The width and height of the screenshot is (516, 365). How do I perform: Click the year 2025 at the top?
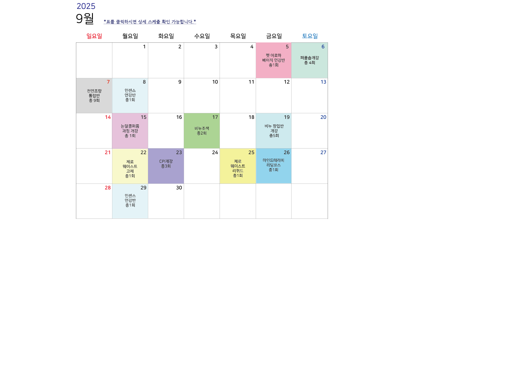click(86, 6)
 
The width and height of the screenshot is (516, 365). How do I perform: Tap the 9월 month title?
click(85, 19)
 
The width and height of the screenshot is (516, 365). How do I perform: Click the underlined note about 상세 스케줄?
click(150, 22)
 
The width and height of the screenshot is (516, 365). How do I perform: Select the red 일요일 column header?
click(94, 36)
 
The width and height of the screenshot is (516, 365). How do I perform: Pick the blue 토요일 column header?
click(310, 36)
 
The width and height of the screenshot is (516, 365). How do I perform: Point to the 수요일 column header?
click(202, 36)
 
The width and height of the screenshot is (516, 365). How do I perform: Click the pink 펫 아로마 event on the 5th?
click(273, 60)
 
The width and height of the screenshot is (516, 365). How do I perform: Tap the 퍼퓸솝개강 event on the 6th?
click(310, 60)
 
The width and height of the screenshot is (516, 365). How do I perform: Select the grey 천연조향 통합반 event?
click(94, 96)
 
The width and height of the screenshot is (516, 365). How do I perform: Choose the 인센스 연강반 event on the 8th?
click(130, 96)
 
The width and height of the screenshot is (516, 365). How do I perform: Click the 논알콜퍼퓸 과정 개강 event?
click(130, 131)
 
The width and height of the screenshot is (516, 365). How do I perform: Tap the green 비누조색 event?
click(202, 131)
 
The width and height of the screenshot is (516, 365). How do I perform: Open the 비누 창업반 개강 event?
click(273, 131)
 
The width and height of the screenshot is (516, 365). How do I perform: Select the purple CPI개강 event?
click(166, 166)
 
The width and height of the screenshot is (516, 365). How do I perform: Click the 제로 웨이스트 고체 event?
click(130, 166)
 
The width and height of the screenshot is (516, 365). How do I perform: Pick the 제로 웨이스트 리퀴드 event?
click(238, 166)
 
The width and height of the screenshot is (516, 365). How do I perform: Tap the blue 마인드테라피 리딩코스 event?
click(273, 166)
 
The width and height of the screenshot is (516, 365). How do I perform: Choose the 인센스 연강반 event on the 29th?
click(130, 201)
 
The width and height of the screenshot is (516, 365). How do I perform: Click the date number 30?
click(179, 188)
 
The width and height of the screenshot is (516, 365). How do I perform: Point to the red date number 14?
click(108, 117)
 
